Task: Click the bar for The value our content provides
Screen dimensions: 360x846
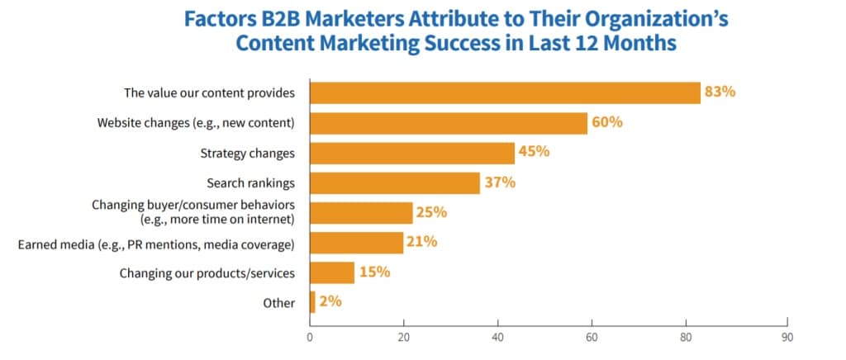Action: tap(505, 92)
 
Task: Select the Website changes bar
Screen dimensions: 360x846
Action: tap(449, 123)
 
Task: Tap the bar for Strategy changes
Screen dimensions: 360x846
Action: tap(412, 153)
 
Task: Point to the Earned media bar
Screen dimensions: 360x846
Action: tap(356, 243)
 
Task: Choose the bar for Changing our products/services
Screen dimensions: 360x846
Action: tap(332, 272)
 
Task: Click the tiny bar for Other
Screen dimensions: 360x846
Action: tap(312, 302)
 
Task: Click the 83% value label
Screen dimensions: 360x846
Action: tap(720, 92)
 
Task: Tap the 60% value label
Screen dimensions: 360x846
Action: tap(606, 122)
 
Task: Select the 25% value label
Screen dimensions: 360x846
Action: tap(431, 212)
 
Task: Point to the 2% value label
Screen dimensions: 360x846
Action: tap(330, 302)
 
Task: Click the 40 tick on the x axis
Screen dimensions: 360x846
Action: tap(497, 338)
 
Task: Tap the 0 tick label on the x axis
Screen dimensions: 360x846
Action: tap(310, 338)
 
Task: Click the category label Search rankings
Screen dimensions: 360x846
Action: tap(250, 183)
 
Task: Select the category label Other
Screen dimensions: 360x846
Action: tap(279, 303)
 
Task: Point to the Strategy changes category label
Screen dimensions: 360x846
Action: tap(248, 154)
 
